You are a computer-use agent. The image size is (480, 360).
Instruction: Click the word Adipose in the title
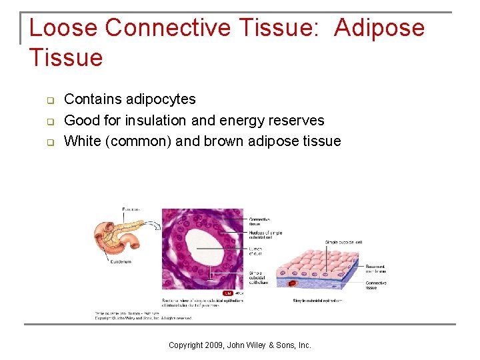click(x=379, y=28)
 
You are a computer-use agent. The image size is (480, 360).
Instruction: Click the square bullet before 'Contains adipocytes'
click(x=49, y=100)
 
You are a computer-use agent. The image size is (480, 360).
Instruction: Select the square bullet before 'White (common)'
click(x=49, y=142)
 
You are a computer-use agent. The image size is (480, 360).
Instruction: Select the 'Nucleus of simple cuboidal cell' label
click(x=265, y=235)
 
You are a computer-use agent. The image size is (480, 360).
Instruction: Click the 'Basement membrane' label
click(x=375, y=269)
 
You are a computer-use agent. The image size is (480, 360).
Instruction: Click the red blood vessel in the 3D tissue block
click(x=292, y=285)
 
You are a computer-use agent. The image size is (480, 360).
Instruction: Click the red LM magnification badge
click(x=227, y=293)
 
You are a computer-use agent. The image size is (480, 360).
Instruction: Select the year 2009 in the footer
click(x=209, y=345)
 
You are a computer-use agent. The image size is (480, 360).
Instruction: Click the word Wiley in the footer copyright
click(x=255, y=345)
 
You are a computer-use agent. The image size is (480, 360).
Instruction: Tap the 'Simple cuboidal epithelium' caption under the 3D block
click(x=317, y=301)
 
